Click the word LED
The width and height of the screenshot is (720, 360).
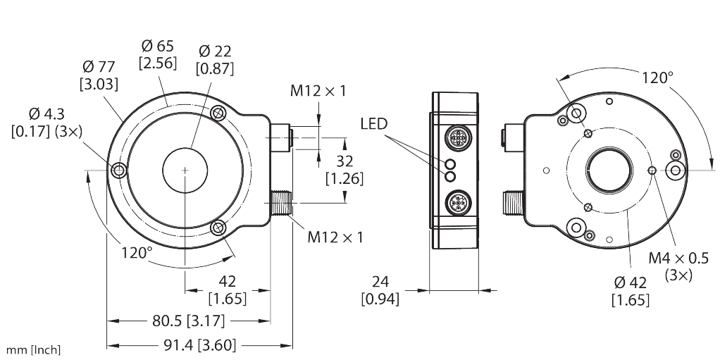[x=374, y=123]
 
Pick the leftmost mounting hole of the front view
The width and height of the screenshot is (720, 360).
[x=118, y=170]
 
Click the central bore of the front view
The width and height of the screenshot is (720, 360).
[x=185, y=170]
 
